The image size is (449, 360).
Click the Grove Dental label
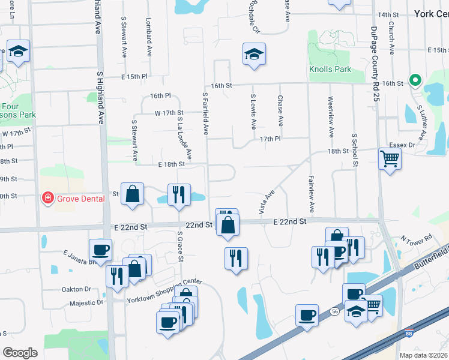coord(80,198)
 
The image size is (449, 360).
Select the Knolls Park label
coord(330,69)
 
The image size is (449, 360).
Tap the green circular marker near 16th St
coord(414,80)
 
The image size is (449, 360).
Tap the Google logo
coord(20,353)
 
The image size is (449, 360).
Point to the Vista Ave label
coord(266,202)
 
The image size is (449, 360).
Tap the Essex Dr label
coord(403,145)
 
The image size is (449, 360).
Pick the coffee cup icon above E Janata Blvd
coord(100,249)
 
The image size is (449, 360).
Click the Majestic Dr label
coord(86,302)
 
